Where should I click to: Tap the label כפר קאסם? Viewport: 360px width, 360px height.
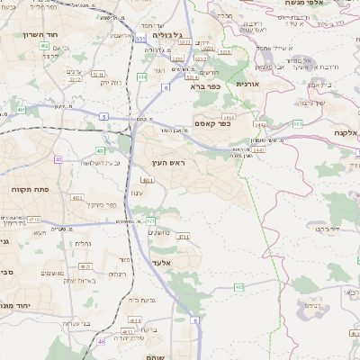pos(211,124)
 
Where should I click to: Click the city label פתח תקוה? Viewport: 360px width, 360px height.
pos(30,190)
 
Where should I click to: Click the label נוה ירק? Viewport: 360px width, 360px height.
pos(109,83)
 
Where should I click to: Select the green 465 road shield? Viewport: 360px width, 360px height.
pos(238,287)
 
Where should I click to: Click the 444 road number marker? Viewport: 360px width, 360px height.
pos(142,77)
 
